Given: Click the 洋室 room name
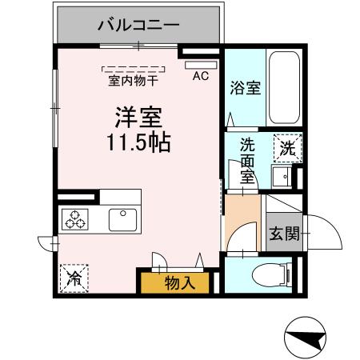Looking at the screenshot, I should pos(137,118).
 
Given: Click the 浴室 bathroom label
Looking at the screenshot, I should pos(245,89).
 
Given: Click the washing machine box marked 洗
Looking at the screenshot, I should pos(286,148).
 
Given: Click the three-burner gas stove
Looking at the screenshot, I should pos(76,218).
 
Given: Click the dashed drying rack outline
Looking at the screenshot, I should pos(134,69).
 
